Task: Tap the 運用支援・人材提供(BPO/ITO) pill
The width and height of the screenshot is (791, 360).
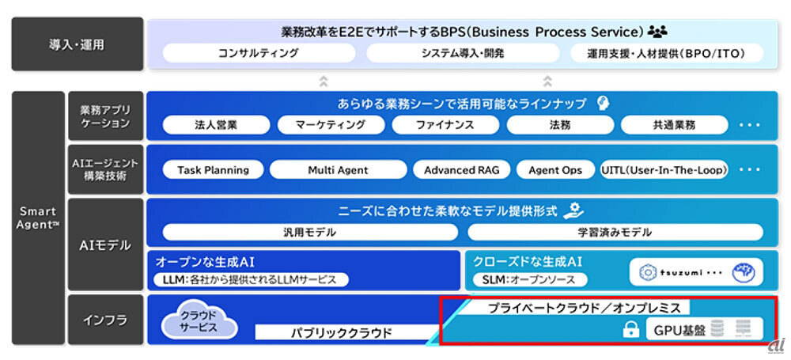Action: point(667,54)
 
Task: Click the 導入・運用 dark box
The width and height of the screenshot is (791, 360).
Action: point(78,44)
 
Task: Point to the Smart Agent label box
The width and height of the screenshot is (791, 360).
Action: point(38,218)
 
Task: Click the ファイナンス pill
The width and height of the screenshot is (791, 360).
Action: point(445,125)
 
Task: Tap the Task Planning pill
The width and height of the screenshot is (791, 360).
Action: point(213,170)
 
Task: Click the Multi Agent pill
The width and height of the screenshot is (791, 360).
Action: point(339,170)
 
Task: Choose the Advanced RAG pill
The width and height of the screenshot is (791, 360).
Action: point(461,170)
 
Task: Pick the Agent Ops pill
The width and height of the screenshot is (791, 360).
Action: point(555,170)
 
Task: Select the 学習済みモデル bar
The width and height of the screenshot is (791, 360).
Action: point(615,233)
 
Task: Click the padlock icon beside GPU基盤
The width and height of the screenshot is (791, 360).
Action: point(630,330)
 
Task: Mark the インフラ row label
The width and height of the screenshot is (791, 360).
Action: point(105,320)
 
